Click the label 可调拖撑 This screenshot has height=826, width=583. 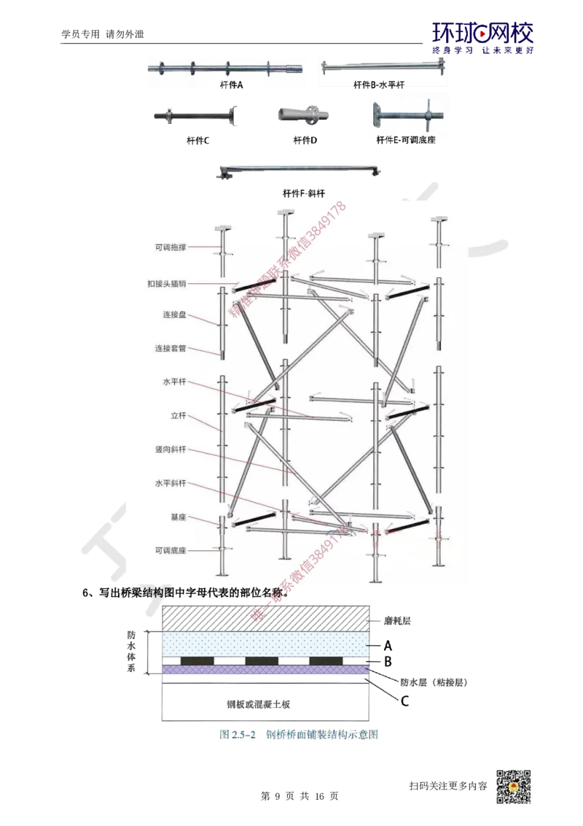pyautogui.click(x=171, y=247)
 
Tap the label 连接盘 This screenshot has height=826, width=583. pyautogui.click(x=174, y=315)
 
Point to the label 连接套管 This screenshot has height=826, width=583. pyautogui.click(x=171, y=349)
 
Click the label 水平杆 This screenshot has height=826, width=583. pyautogui.click(x=174, y=382)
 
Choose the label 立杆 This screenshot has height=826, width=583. pyautogui.click(x=179, y=416)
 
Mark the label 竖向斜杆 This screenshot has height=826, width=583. pyautogui.click(x=171, y=450)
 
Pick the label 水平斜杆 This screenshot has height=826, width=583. pyautogui.click(x=171, y=484)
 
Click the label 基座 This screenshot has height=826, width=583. pyautogui.click(x=179, y=517)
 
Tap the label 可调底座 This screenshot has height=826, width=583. pyautogui.click(x=171, y=550)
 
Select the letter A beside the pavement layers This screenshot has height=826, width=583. pyautogui.click(x=388, y=645)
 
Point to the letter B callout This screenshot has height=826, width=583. pyautogui.click(x=388, y=662)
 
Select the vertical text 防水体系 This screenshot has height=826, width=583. pyautogui.click(x=131, y=651)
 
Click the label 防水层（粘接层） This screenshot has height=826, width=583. pyautogui.click(x=433, y=683)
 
